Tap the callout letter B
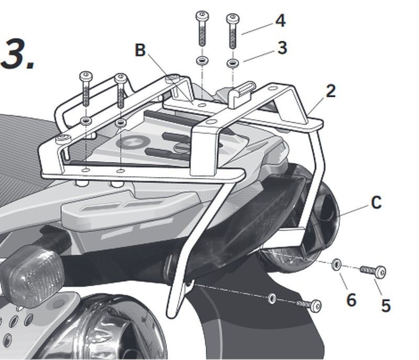coord(140,50)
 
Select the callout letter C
coord(376,203)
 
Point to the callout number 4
coord(280,21)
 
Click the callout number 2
coord(330,91)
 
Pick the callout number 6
coord(350,300)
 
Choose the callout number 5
coord(385,305)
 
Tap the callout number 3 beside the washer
coord(282,48)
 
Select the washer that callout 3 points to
coord(231,63)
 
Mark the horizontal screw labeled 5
coord(373,271)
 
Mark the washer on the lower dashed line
coord(271,298)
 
